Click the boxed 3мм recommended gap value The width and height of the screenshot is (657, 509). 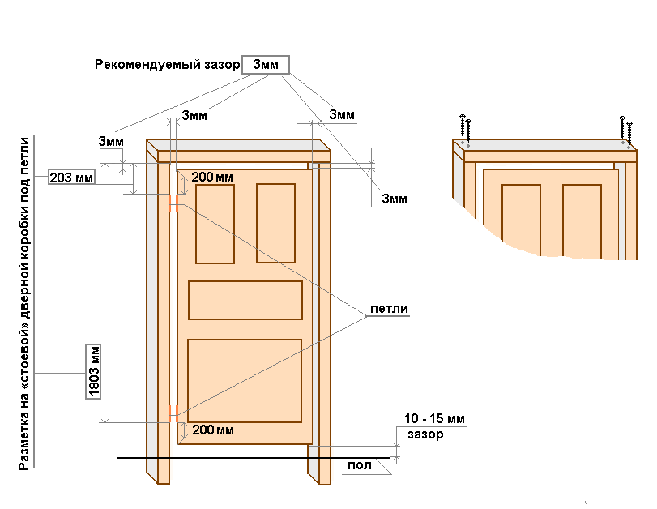tap(266, 65)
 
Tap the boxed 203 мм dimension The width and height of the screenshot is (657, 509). tap(71, 178)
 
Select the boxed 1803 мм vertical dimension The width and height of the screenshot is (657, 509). tap(93, 371)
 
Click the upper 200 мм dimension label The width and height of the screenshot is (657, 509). tap(212, 177)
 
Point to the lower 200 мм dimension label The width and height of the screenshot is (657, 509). tap(213, 430)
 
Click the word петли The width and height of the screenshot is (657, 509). tap(389, 309)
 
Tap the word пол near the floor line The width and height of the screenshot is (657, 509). tap(360, 465)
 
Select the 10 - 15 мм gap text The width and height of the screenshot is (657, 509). tap(434, 418)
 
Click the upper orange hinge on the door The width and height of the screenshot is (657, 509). tap(173, 203)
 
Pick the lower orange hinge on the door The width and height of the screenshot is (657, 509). tap(173, 413)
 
